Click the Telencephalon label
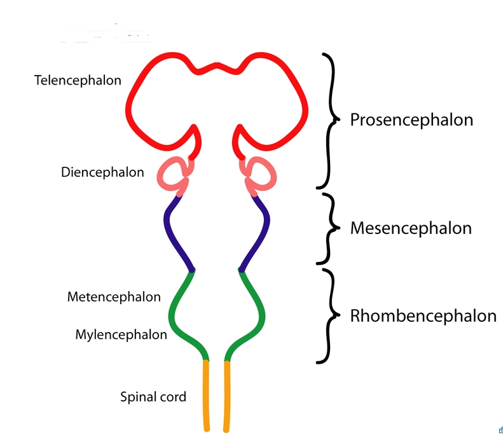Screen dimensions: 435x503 tap(78, 81)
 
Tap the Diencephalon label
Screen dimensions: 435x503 tap(102, 172)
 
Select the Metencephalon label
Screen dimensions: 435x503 tap(114, 297)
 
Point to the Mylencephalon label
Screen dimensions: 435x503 tap(121, 335)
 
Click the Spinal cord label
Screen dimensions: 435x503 tap(153, 397)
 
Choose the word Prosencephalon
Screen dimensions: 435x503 tap(411, 120)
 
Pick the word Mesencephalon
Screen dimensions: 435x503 tap(411, 228)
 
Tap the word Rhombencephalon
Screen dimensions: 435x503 tap(423, 316)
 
